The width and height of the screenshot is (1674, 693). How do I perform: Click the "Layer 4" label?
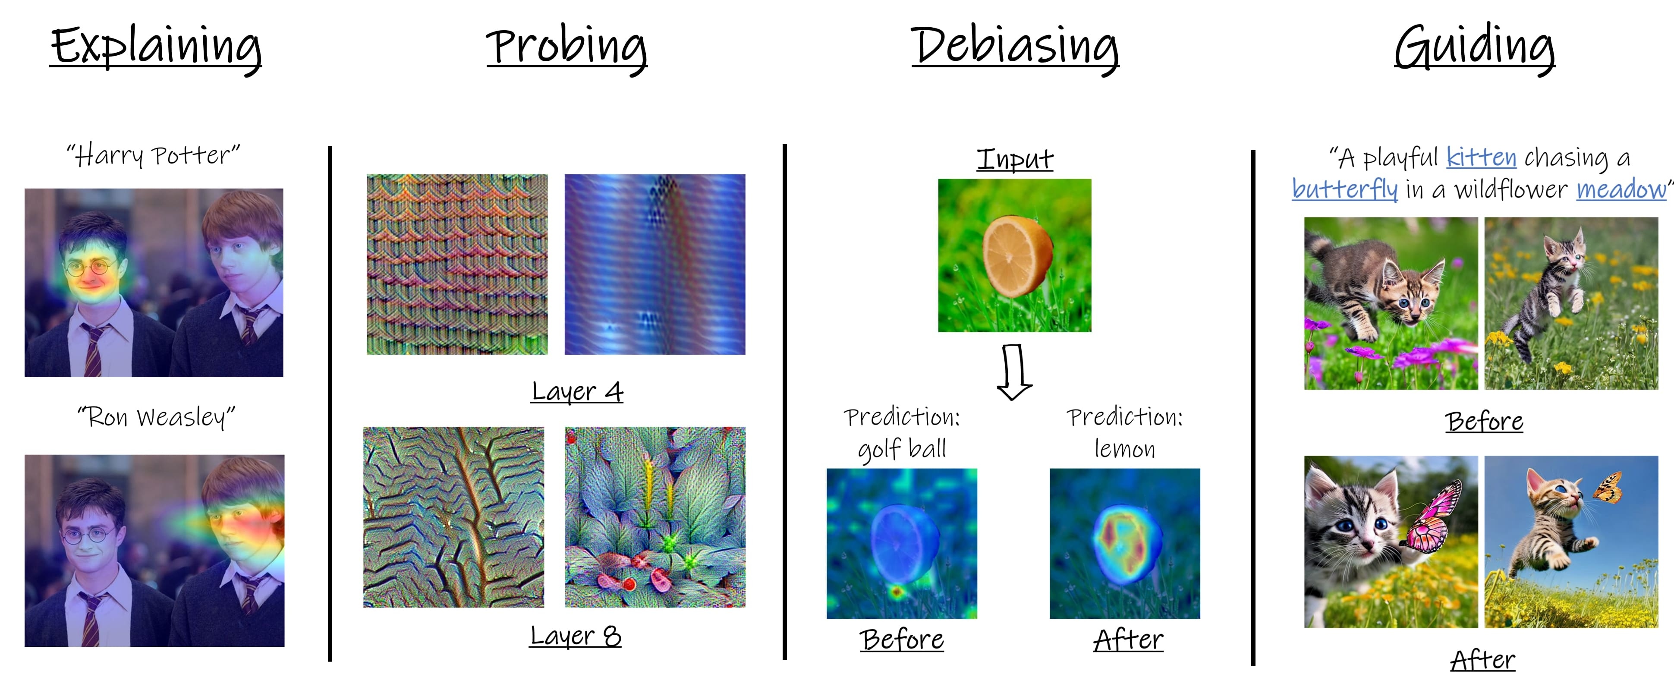pos(577,392)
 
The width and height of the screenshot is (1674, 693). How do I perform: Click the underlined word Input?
pos(1015,159)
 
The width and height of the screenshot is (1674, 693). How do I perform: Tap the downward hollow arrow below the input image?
pos(1014,372)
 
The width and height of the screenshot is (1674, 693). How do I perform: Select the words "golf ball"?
pos(902,449)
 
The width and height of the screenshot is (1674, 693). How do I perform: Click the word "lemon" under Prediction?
pos(1125,449)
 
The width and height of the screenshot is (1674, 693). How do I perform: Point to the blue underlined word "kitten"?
pos(1481,158)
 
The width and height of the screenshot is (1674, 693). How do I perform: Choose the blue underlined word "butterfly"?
pos(1344,190)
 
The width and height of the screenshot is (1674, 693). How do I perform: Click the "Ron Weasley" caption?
pos(156,417)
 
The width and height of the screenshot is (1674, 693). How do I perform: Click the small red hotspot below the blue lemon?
pos(897,592)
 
